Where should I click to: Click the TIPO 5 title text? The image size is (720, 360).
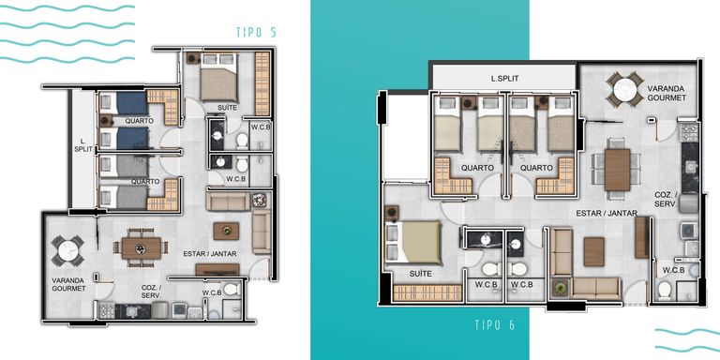pyautogui.click(x=256, y=32)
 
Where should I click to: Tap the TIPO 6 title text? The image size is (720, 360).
pyautogui.click(x=495, y=325)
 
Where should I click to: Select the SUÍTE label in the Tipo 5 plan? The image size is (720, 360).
pyautogui.click(x=227, y=108)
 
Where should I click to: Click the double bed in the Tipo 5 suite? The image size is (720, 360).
pyautogui.click(x=219, y=77)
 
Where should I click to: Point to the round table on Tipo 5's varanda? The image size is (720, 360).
pyautogui.click(x=67, y=250)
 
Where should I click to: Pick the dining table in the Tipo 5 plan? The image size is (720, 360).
pyautogui.click(x=142, y=247)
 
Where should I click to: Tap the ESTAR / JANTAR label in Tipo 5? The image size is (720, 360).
pyautogui.click(x=210, y=253)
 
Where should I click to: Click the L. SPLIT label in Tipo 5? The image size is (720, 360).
pyautogui.click(x=83, y=145)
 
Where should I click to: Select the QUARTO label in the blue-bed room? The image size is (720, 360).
pyautogui.click(x=139, y=121)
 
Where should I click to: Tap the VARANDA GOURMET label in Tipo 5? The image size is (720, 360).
pyautogui.click(x=68, y=284)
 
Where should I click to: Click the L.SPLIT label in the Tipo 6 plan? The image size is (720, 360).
pyautogui.click(x=504, y=79)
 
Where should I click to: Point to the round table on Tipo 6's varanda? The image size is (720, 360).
pyautogui.click(x=624, y=90)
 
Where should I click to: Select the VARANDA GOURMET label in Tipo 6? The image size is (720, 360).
pyautogui.click(x=667, y=93)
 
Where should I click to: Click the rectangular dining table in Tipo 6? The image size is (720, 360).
pyautogui.click(x=617, y=170)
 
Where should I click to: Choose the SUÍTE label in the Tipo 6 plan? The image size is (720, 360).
pyautogui.click(x=421, y=274)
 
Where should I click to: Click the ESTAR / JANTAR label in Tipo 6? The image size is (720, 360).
pyautogui.click(x=607, y=213)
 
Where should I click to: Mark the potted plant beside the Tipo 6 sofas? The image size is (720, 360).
pyautogui.click(x=560, y=289)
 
